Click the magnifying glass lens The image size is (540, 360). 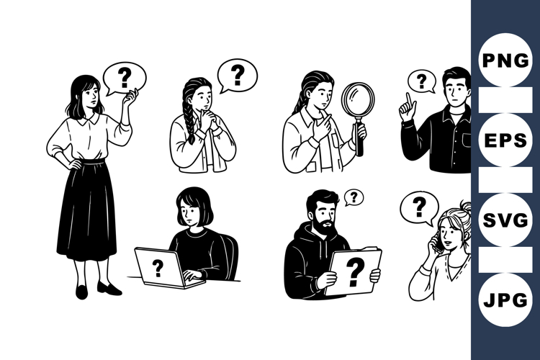358,101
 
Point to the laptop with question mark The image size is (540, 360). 159,269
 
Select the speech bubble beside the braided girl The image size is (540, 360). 237,74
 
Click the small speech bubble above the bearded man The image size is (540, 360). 353,197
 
